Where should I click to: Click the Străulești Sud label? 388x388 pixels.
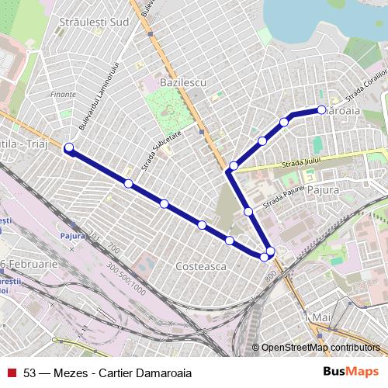pos(94,23)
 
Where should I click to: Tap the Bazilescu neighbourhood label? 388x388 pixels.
pos(180,81)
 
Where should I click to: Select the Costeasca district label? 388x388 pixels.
pos(200,265)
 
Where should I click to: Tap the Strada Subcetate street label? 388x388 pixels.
pos(161,150)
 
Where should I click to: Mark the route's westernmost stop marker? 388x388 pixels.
pos(69,147)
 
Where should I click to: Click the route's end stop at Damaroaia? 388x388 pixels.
pos(322,110)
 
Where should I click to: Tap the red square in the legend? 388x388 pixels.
pos(12,372)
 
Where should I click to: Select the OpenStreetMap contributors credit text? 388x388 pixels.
pos(320,348)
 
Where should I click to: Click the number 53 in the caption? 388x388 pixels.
pos(30,372)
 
